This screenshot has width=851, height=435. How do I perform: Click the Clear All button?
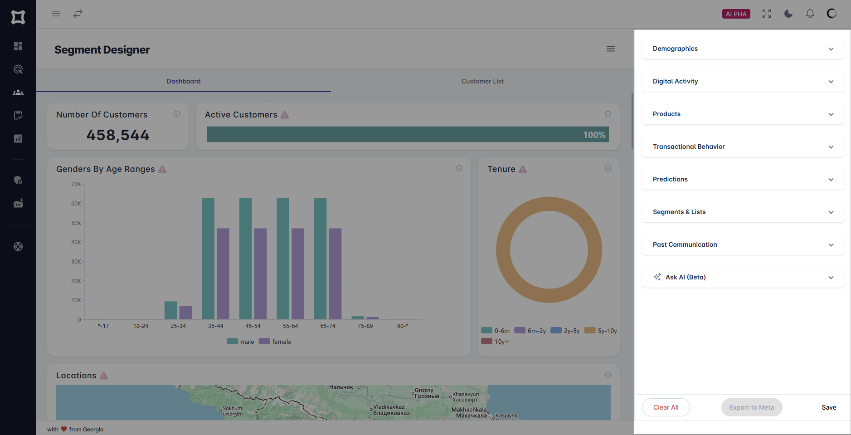coord(666,407)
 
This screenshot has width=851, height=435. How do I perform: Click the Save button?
coord(828,407)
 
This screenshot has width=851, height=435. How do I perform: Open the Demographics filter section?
coord(743,49)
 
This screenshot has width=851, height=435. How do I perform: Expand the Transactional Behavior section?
coord(743,147)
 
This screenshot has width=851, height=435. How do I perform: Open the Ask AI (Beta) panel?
coord(743,277)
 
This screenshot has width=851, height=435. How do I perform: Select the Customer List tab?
coord(482,81)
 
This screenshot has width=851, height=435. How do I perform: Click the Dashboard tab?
coord(184,81)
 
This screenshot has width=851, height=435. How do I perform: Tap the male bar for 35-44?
coord(208,259)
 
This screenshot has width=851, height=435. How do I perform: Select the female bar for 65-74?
coord(335,274)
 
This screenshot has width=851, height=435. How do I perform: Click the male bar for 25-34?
coord(170,310)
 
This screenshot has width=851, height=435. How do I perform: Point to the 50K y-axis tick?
coord(76,223)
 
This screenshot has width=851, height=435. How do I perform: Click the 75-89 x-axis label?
coord(365,326)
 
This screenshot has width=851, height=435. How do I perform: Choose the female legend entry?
coord(275,342)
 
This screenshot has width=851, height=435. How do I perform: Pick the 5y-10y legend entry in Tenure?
coord(601,331)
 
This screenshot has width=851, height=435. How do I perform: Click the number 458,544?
coord(118,135)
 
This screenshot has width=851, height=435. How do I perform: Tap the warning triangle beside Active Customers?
coord(285,115)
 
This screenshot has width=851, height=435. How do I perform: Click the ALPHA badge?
coord(736,14)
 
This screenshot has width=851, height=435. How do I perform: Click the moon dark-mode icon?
coord(788,14)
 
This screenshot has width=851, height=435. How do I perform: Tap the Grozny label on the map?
coord(424,390)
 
